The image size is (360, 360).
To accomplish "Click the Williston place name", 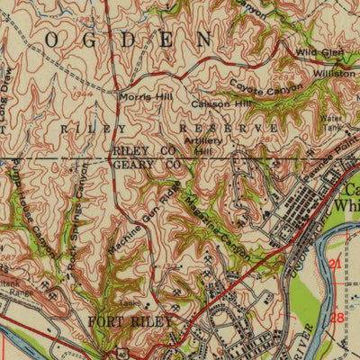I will (x=334, y=73).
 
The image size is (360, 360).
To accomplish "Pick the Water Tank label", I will (x=333, y=122).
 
